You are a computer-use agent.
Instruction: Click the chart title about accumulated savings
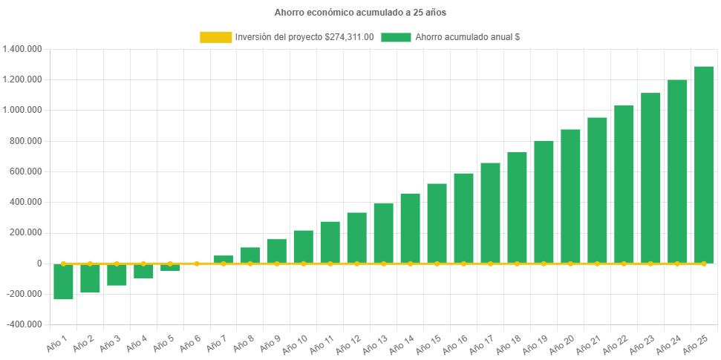point(360,13)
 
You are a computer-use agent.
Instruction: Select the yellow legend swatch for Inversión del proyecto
point(215,37)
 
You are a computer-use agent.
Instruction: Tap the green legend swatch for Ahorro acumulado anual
point(396,37)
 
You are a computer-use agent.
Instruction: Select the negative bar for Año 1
point(63,281)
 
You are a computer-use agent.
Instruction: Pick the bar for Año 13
point(383,233)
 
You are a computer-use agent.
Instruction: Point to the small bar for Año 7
point(224,259)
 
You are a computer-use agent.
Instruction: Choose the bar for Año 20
point(570,196)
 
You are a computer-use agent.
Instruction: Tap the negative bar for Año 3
point(117,275)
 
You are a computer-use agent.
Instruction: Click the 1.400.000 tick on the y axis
point(22,49)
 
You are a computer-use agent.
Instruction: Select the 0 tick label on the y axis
point(39,264)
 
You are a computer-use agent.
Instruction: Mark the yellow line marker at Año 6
point(197,264)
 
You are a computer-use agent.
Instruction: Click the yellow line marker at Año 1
point(63,264)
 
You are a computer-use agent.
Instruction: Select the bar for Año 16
point(463,218)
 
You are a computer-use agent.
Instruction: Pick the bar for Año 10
point(303,246)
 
